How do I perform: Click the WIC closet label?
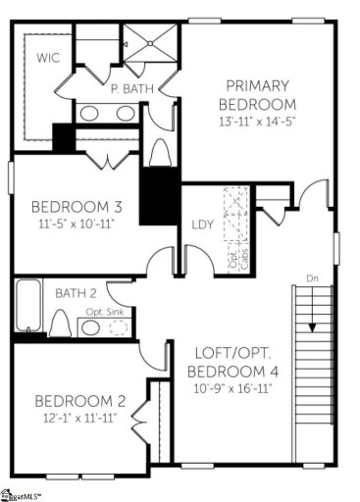click(48, 58)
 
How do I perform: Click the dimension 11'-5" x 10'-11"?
click(77, 223)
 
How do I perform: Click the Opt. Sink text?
click(102, 312)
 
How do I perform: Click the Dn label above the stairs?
click(312, 277)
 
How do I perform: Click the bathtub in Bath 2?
click(26, 306)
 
